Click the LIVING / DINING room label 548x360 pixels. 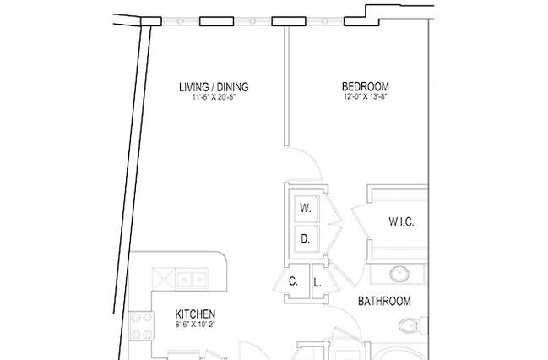214,87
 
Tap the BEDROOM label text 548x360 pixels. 366,86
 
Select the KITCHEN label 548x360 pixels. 195,314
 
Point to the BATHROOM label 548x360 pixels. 384,301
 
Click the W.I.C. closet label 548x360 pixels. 401,221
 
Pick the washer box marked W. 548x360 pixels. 307,209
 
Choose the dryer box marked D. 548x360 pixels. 307,239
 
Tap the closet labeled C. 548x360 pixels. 294,281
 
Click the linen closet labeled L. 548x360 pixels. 317,283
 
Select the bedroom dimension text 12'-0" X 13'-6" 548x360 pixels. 366,97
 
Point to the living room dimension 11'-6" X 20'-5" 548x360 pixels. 214,97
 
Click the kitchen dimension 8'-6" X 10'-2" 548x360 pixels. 195,325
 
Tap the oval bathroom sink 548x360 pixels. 399,274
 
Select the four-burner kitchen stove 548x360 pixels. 141,325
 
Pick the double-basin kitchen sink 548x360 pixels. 192,279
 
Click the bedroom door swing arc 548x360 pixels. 311,156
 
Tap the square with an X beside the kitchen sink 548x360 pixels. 164,279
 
